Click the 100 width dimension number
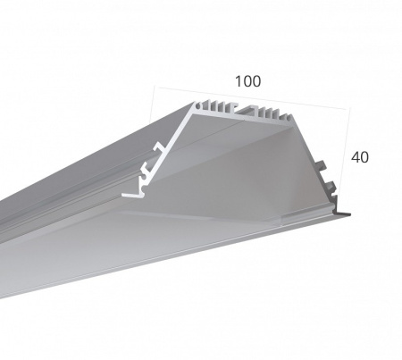(247, 81)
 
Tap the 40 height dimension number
(360, 157)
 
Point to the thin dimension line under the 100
(251, 98)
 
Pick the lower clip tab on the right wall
(330, 186)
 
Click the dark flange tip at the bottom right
(342, 213)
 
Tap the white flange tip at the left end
(128, 195)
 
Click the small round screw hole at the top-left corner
(197, 105)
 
